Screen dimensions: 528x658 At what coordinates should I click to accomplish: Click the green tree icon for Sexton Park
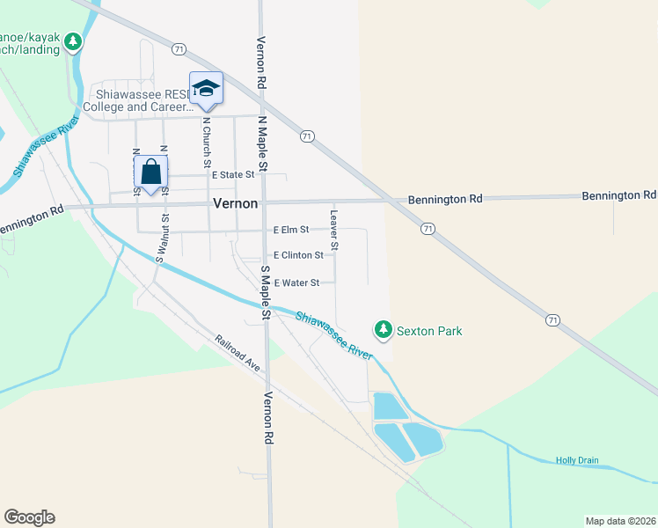383,330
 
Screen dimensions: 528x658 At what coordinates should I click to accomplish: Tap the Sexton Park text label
429,331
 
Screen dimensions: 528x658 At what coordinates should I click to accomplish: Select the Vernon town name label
236,203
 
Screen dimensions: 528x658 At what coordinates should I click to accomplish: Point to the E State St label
232,175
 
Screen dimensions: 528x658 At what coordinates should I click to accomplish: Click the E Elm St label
291,230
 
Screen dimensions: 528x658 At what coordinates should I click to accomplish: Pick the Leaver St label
334,226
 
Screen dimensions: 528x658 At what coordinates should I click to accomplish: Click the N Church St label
208,143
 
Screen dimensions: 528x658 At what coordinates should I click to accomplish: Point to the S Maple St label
264,290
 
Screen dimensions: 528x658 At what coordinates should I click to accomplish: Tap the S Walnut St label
161,236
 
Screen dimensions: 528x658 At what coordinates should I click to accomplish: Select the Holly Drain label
577,460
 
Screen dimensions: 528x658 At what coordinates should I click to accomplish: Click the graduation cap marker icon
206,88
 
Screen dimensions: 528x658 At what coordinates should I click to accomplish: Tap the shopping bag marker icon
150,172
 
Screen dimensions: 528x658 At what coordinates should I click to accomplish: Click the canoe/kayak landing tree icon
75,41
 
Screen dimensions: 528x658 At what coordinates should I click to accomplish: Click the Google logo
29,517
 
